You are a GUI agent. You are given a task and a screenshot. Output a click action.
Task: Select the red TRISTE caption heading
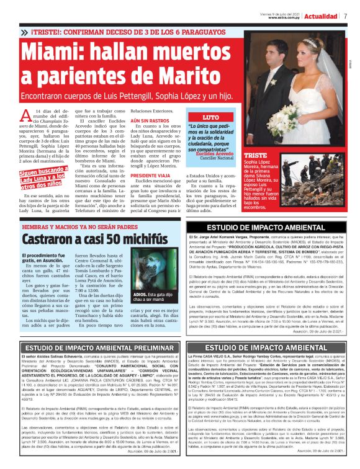256,155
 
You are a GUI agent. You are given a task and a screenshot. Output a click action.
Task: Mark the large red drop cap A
27,115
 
